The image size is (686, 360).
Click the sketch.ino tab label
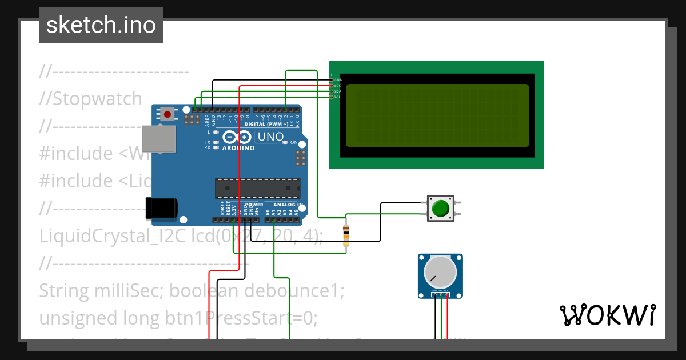[x=101, y=25]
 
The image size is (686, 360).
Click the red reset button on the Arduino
[x=167, y=114]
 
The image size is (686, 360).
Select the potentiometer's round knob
[x=440, y=272]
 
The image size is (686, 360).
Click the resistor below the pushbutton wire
[x=345, y=235]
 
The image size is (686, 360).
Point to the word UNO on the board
[x=270, y=137]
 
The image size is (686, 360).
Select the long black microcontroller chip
[x=257, y=188]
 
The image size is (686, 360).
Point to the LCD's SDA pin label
[x=337, y=91]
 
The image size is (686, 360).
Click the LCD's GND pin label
[x=337, y=80]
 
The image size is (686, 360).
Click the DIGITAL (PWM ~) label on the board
[x=266, y=123]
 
